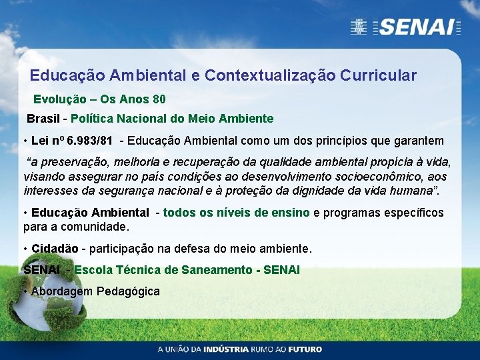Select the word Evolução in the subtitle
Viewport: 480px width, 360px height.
coord(60,99)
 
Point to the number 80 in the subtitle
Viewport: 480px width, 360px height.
coord(159,99)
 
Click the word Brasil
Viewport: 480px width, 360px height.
coord(43,119)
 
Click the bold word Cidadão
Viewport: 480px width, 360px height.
coord(55,249)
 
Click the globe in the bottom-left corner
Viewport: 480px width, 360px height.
coord(30,303)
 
